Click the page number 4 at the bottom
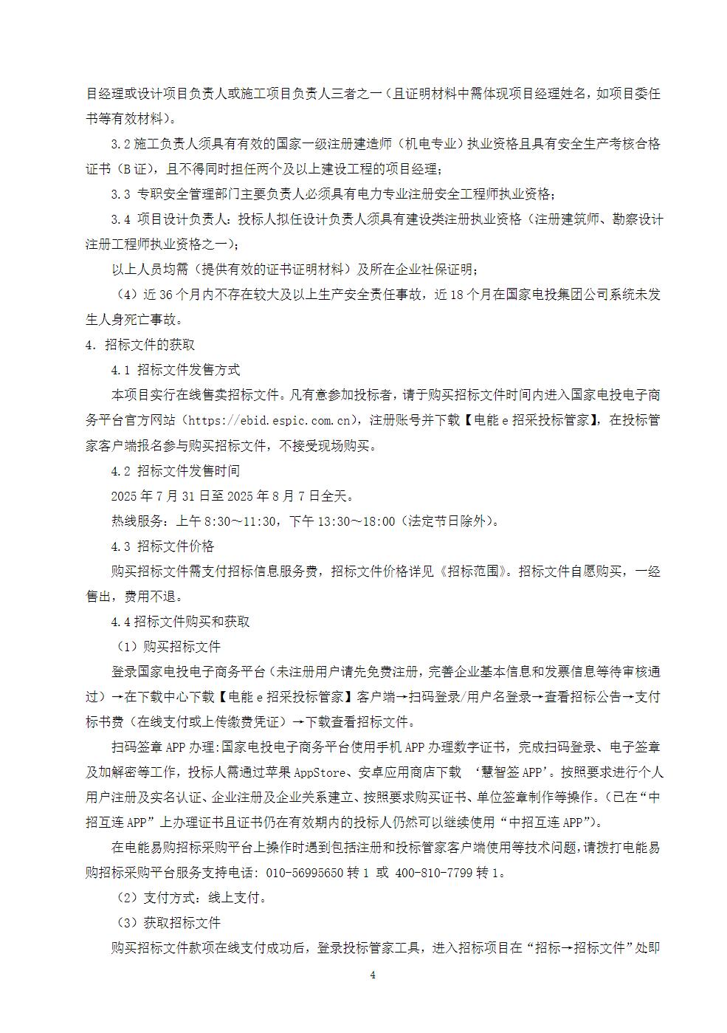(x=373, y=975)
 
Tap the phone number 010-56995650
(x=302, y=873)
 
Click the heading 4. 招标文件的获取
(x=140, y=345)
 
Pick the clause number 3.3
(x=120, y=194)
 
